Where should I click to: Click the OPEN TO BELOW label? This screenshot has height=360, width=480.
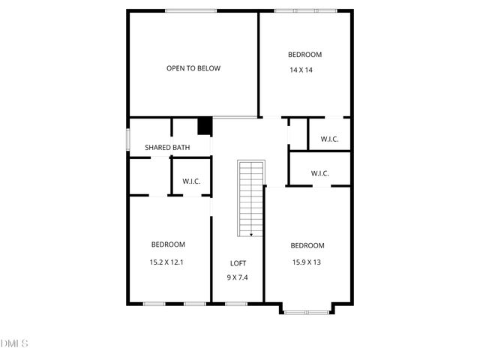click(x=193, y=68)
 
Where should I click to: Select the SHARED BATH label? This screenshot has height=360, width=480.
click(x=166, y=148)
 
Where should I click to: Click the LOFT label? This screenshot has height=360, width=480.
click(x=238, y=263)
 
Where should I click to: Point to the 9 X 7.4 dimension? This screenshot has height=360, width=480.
click(x=238, y=277)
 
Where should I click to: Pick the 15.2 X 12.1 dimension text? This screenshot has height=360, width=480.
click(x=167, y=262)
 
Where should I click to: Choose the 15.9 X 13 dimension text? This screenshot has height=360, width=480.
click(x=307, y=262)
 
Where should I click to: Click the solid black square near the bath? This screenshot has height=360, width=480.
click(x=204, y=126)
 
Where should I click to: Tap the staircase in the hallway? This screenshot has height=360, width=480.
click(x=251, y=199)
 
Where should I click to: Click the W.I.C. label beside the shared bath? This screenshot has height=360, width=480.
click(x=191, y=181)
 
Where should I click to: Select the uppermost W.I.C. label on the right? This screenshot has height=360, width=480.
click(x=329, y=139)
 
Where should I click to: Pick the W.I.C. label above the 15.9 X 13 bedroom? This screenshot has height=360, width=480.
click(x=320, y=174)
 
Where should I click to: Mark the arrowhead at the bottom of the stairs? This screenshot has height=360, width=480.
click(x=250, y=234)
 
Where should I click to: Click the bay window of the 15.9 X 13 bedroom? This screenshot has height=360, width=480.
click(x=306, y=310)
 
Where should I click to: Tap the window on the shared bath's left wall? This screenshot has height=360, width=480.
click(x=127, y=140)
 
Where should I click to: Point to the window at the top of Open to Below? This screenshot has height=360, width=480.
click(x=191, y=10)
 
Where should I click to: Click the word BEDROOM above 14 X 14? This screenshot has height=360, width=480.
click(x=305, y=54)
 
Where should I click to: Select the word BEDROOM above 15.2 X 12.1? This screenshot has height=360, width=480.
click(x=168, y=244)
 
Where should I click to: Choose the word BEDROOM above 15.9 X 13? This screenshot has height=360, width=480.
click(x=307, y=245)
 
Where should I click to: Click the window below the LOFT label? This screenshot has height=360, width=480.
click(x=236, y=303)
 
